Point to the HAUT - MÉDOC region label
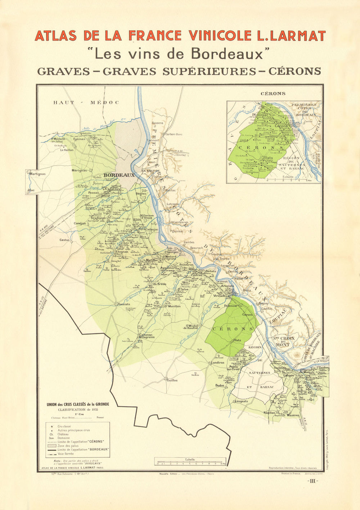pyautogui.click(x=86, y=103)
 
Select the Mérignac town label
pyautogui.click(x=80, y=170)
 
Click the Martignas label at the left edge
pyautogui.click(x=37, y=174)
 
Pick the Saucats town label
pyautogui.click(x=123, y=304)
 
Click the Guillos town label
pyautogui.click(x=172, y=380)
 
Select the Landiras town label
pyautogui.click(x=217, y=362)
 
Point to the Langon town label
pyautogui.click(x=289, y=375)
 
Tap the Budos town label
pyautogui.click(x=220, y=385)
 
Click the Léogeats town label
pyautogui.click(x=241, y=401)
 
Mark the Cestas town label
pyautogui.click(x=64, y=240)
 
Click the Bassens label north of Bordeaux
pyautogui.click(x=157, y=123)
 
